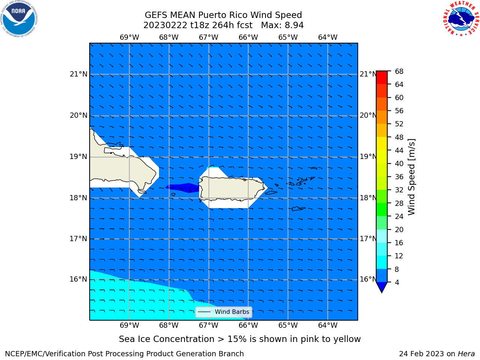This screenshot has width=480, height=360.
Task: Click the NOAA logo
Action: tap(19, 19)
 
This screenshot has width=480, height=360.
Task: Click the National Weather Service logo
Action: tap(461, 18)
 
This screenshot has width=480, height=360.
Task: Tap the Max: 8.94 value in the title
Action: tap(282, 25)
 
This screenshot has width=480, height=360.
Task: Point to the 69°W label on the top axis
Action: tap(129, 37)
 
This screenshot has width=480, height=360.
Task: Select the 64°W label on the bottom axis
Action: tap(328, 325)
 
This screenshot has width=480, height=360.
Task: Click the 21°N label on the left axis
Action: tap(78, 74)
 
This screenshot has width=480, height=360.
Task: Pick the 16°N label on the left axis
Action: tap(78, 279)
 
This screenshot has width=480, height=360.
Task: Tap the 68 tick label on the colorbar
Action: tap(399, 72)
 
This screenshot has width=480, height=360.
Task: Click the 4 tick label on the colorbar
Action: tap(397, 282)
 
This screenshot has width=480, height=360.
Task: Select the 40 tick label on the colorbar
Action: tap(399, 164)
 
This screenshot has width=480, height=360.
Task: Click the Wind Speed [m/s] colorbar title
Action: tap(411, 177)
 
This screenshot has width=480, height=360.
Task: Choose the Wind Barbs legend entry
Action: tap(223, 312)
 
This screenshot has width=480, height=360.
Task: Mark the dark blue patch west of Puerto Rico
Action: tap(183, 187)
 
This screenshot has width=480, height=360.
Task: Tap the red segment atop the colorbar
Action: tap(382, 77)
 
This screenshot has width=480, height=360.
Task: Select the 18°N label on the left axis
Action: tap(78, 198)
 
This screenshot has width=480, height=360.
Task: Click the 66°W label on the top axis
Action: tap(248, 37)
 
